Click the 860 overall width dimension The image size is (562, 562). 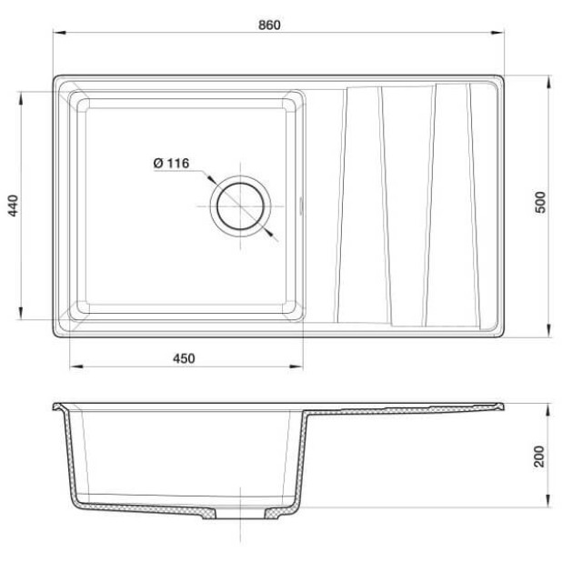[269, 25]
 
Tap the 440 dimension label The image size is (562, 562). [13, 206]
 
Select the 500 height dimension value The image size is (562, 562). [540, 203]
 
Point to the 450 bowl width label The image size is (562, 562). [184, 358]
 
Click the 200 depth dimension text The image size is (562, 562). [539, 457]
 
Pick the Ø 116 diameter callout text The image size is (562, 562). [171, 164]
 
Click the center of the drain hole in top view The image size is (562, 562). [240, 206]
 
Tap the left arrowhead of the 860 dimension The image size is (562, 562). [59, 33]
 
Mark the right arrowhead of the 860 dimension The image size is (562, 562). [497, 33]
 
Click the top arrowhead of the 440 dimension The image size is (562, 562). [21, 98]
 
